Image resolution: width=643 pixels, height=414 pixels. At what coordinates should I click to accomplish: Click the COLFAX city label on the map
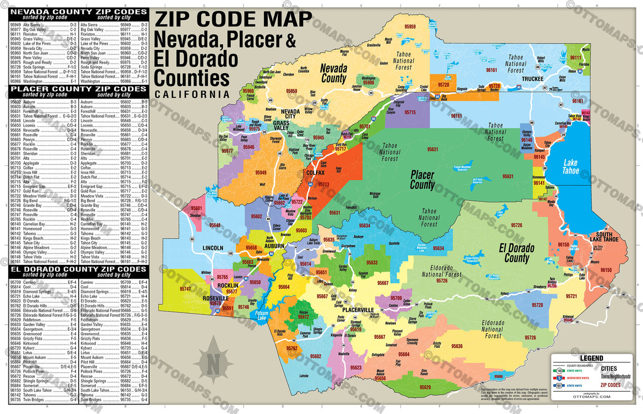point(315,173)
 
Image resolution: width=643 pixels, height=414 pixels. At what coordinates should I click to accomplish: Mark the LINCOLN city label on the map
point(213,247)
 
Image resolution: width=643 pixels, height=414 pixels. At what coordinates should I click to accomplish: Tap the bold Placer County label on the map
point(422,180)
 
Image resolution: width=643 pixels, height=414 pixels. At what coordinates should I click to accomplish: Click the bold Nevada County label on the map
point(334,74)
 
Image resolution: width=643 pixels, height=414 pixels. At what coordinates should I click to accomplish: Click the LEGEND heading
point(590,358)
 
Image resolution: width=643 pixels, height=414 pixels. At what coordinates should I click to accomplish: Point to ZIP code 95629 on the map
point(425,387)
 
